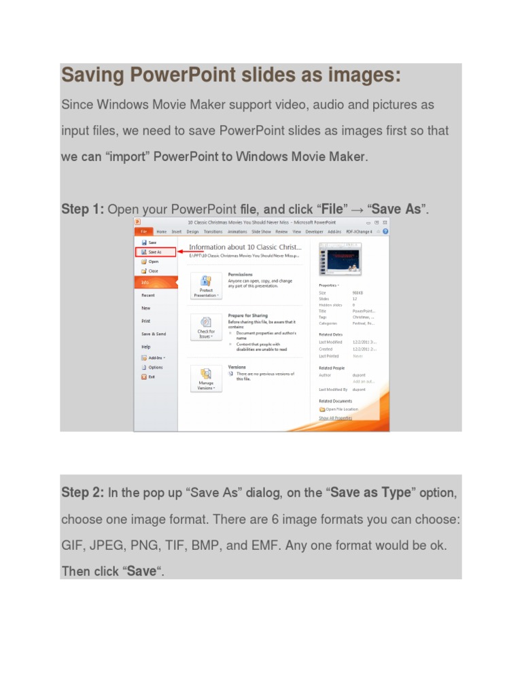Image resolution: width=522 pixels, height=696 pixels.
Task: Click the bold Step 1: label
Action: (x=82, y=209)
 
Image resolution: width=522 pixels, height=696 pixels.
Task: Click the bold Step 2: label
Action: (x=82, y=492)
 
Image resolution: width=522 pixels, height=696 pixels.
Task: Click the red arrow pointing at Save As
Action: (x=181, y=251)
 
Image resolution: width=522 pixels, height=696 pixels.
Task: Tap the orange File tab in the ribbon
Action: (x=144, y=232)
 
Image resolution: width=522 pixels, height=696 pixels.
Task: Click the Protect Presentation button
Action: (x=206, y=285)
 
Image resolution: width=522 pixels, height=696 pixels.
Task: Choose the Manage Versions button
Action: (x=206, y=378)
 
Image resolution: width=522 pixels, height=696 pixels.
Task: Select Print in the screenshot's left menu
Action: (x=146, y=321)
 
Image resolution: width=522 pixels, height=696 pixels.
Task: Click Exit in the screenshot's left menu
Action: (x=152, y=377)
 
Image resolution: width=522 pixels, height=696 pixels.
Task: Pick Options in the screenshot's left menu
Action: (x=155, y=367)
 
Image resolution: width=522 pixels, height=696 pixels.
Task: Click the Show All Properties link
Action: (x=336, y=418)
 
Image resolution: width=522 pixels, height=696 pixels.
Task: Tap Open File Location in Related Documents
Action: (x=341, y=409)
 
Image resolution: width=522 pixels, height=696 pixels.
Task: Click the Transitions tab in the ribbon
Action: (x=213, y=232)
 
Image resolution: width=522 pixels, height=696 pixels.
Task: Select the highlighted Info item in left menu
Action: (x=145, y=282)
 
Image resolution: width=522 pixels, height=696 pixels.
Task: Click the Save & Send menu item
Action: (x=154, y=334)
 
